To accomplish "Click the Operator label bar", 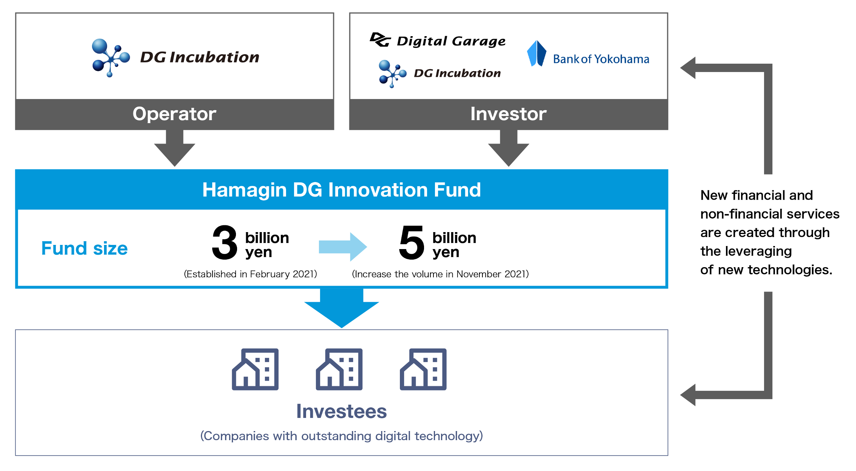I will [x=175, y=114].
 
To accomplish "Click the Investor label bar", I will [x=508, y=114].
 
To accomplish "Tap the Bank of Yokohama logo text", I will [x=601, y=59].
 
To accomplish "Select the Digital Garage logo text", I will [x=451, y=41].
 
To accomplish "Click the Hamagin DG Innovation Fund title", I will [x=341, y=190].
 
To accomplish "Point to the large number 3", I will [x=225, y=243].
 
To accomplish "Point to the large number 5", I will [x=412, y=243].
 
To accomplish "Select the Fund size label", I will [x=84, y=249].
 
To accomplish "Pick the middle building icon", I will [x=339, y=369].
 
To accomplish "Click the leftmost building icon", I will [x=255, y=369].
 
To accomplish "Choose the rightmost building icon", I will [x=423, y=369].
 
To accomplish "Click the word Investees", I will [x=341, y=411].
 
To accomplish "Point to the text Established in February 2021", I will [x=250, y=274].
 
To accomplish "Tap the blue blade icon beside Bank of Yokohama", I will [x=536, y=54].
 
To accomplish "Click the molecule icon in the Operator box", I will [x=110, y=57].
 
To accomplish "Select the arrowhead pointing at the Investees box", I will [x=688, y=395].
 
